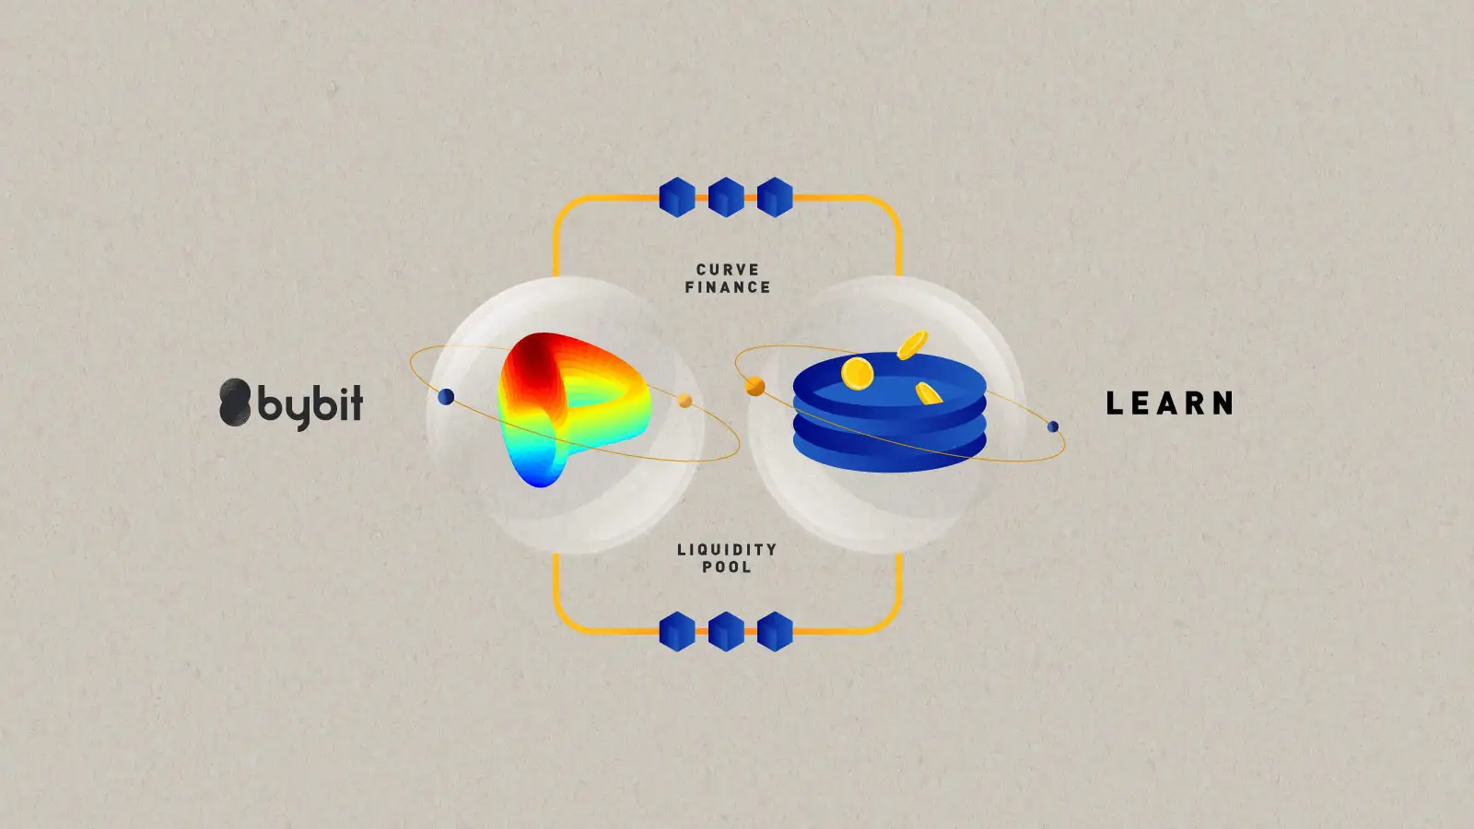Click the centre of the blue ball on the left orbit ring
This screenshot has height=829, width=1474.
coord(446,397)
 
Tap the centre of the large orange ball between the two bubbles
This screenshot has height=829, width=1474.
coord(755,386)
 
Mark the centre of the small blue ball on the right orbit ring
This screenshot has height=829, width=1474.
coord(1053,426)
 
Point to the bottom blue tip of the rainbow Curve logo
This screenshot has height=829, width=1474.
coord(540,485)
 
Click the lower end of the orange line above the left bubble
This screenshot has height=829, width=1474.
coord(556,275)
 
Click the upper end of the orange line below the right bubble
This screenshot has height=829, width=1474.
coord(899,554)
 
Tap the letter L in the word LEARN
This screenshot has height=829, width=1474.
coord(1114,403)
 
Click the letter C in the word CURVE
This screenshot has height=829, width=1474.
coord(701,270)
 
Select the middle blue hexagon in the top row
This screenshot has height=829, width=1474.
coord(726,197)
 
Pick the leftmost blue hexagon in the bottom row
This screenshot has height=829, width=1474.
coord(677,632)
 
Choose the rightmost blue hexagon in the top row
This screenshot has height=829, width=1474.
coord(775,197)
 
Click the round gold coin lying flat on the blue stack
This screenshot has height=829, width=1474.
coord(858,373)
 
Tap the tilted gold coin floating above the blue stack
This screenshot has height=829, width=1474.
coord(912,344)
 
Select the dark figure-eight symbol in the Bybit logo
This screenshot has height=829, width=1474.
coord(235,402)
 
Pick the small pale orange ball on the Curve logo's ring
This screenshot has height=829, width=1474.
coord(685,401)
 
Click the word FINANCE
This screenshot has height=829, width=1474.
coord(728,287)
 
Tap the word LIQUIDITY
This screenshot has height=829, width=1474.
coord(727,549)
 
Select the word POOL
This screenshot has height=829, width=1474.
coord(727,567)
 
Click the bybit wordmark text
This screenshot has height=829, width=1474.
coord(310,405)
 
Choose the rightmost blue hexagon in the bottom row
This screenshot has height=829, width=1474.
coord(775,632)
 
